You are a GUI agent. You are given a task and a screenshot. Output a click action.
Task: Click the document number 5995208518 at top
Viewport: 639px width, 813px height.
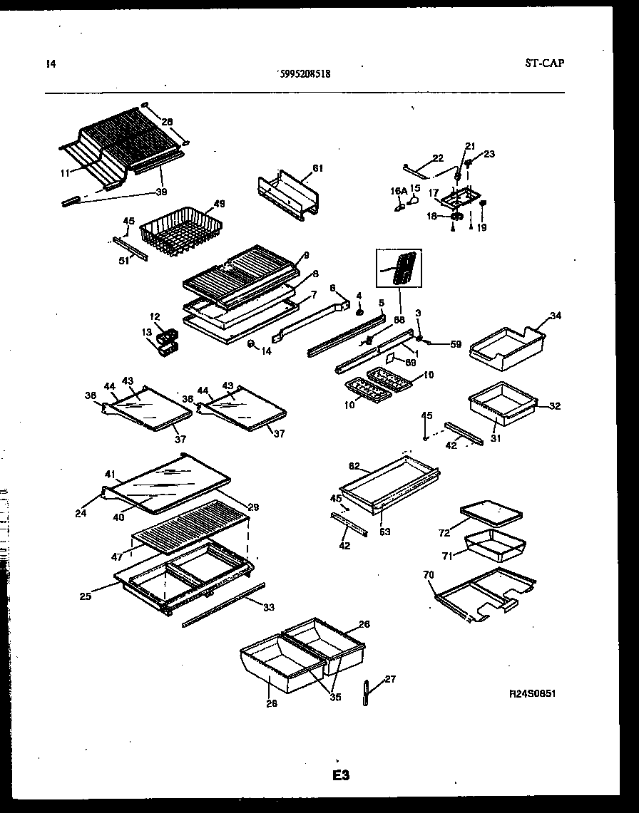(303, 73)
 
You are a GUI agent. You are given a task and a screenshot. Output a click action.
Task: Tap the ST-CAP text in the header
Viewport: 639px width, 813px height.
(544, 63)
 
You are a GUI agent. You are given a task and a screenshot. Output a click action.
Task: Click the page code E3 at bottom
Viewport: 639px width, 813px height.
(340, 775)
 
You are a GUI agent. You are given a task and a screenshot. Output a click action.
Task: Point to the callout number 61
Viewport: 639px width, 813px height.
(317, 168)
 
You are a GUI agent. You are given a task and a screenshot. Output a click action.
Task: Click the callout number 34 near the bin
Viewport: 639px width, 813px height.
(556, 315)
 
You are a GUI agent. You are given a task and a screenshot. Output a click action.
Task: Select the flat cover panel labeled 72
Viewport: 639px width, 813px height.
(491, 512)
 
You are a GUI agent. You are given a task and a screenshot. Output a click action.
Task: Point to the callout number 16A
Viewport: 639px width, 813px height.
(397, 191)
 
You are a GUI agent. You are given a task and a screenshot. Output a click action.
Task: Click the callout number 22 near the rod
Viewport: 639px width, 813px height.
(438, 157)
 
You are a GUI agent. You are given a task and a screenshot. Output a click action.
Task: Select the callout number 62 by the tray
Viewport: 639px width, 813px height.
(354, 466)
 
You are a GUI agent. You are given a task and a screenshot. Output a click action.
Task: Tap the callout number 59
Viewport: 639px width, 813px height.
(456, 345)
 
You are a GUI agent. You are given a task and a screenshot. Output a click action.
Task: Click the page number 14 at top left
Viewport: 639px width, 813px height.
(50, 63)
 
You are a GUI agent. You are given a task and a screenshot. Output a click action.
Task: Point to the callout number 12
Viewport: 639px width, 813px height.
(155, 316)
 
